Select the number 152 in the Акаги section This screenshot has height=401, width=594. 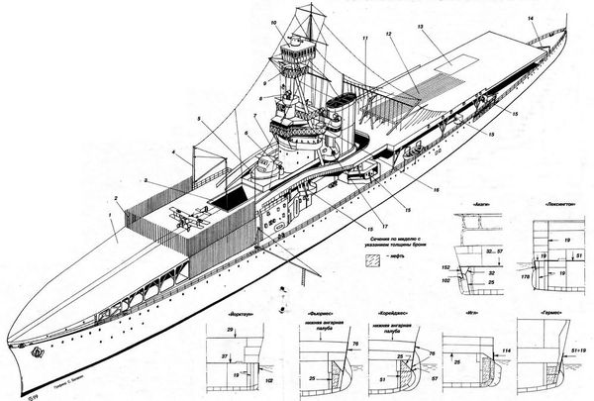(x=448, y=267)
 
